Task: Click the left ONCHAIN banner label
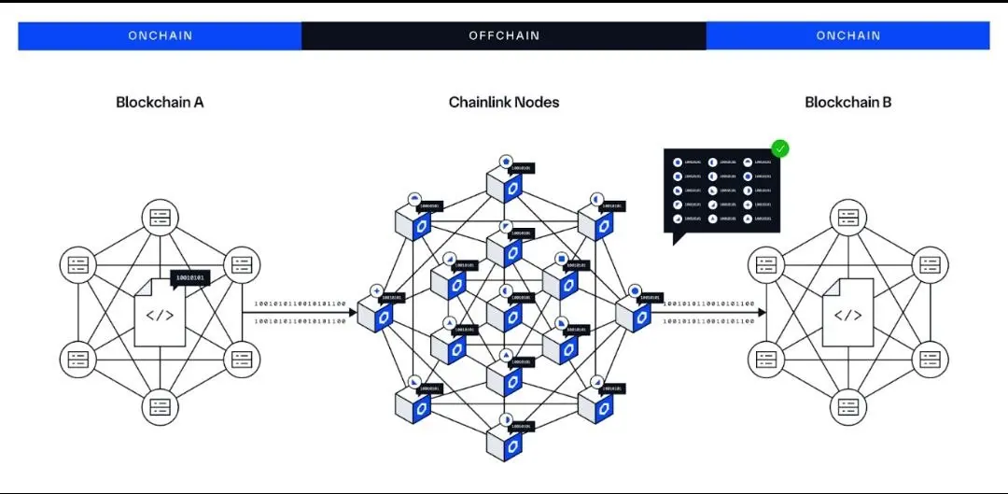[x=160, y=35]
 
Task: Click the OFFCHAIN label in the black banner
[x=504, y=35]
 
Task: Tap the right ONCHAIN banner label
[x=847, y=35]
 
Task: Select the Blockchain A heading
[x=160, y=102]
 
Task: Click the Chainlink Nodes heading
[x=504, y=102]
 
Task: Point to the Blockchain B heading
[x=847, y=102]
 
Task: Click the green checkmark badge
[x=779, y=148]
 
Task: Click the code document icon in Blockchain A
[x=160, y=315]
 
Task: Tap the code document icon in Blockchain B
[x=847, y=315]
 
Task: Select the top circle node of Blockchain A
[x=160, y=218]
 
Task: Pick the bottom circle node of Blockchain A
[x=160, y=407]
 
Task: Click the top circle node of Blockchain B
[x=847, y=218]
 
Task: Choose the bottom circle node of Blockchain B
[x=847, y=407]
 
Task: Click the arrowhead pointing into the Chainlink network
[x=353, y=313]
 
